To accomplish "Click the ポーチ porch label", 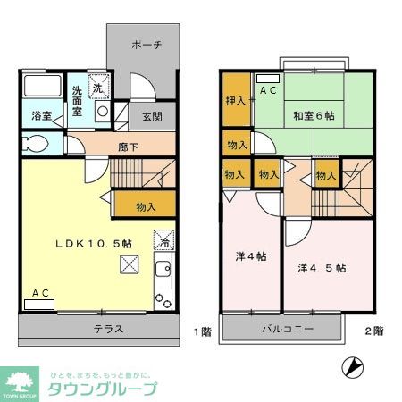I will (x=146, y=45).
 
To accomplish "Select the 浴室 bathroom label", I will (x=42, y=116).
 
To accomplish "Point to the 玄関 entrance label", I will (x=152, y=116).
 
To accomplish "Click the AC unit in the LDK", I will (x=39, y=302).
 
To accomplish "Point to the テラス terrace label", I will (x=108, y=329).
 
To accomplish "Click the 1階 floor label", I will (x=202, y=331).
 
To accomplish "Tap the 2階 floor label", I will (x=373, y=331).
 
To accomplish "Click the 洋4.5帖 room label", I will (x=322, y=267).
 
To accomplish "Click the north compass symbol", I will (x=354, y=367).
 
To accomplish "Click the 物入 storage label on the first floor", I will (x=146, y=207).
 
